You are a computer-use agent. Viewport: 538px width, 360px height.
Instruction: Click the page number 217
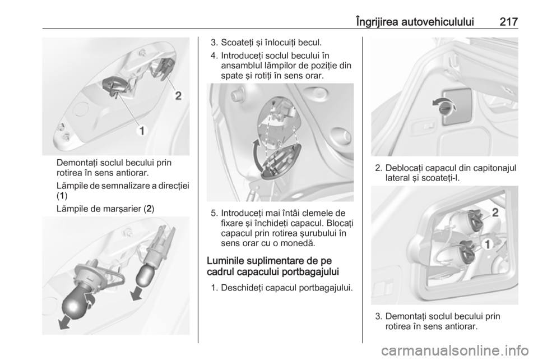pyautogui.click(x=508, y=22)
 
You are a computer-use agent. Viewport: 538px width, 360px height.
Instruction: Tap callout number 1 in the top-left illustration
pyautogui.click(x=141, y=131)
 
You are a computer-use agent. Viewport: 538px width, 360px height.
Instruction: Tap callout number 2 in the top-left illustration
pyautogui.click(x=178, y=96)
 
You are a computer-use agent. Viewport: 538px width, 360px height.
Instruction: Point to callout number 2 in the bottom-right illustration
pyautogui.click(x=495, y=212)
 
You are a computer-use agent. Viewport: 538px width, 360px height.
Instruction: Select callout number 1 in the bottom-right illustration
pyautogui.click(x=487, y=244)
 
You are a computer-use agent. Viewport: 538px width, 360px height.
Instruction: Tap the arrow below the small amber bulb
pyautogui.click(x=137, y=294)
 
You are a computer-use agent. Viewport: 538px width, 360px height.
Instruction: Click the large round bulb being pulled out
pyautogui.click(x=77, y=302)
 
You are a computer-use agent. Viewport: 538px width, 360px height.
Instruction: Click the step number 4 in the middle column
pyautogui.click(x=214, y=56)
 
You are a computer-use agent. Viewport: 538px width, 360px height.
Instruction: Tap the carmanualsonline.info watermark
pyautogui.click(x=455, y=351)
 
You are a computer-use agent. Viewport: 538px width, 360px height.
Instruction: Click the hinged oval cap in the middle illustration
pyautogui.click(x=281, y=161)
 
